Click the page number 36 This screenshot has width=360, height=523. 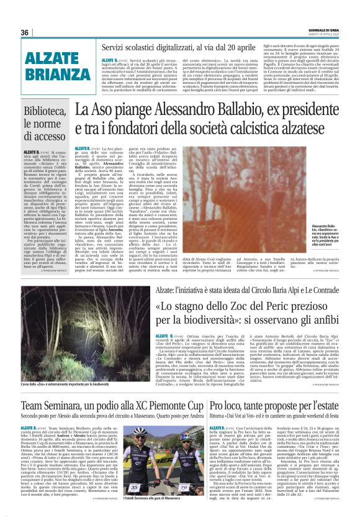(x=25, y=32)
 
